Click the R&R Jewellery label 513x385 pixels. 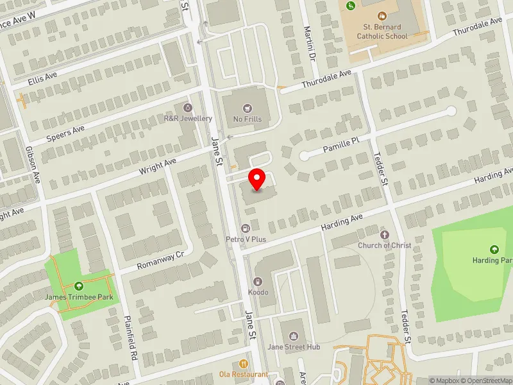(188, 119)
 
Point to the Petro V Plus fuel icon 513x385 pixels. (246, 228)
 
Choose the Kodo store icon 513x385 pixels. (258, 281)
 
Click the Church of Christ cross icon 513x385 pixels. (385, 235)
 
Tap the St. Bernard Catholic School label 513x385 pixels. (382, 32)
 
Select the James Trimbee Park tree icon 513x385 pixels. (79, 286)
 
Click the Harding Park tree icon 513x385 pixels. (494, 250)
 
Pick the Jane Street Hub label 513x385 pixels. (294, 347)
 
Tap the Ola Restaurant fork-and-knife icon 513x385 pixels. (243, 364)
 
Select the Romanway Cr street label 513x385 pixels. (160, 260)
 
